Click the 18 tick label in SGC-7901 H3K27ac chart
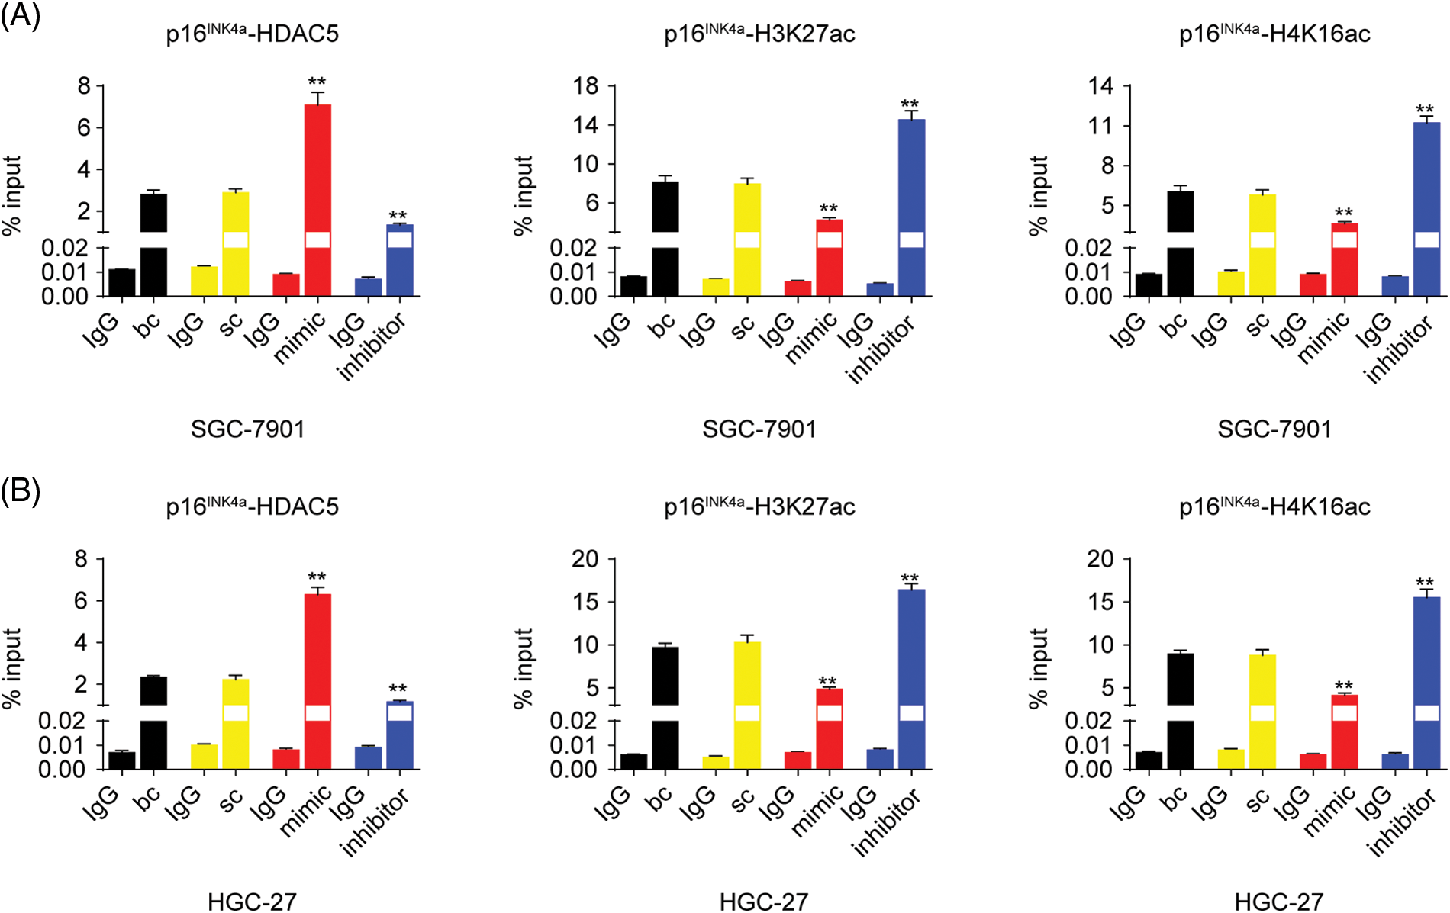click(586, 86)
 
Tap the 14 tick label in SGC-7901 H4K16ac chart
click(1101, 86)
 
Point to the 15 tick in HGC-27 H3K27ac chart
click(586, 602)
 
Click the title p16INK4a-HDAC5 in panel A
click(252, 34)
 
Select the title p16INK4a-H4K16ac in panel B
click(1274, 506)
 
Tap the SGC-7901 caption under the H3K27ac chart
click(759, 429)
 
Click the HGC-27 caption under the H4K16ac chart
click(1278, 902)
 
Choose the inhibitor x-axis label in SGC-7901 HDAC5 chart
click(372, 346)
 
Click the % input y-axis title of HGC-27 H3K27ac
click(524, 668)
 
